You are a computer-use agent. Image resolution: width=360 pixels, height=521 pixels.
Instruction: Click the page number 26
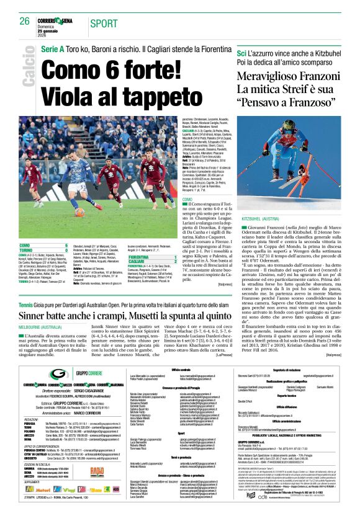[x=25, y=21]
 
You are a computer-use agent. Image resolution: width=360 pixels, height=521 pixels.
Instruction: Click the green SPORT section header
[x=103, y=23]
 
